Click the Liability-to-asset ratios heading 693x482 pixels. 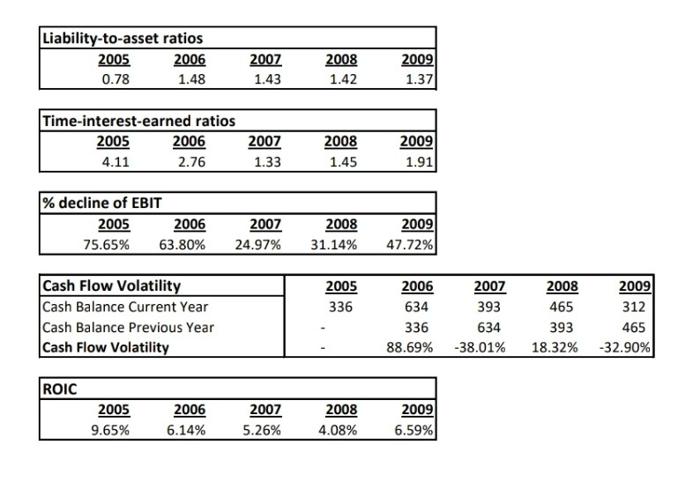point(123,39)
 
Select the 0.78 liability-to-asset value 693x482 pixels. point(115,79)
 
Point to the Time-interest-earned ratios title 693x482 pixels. point(138,121)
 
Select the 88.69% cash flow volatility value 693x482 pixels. point(411,347)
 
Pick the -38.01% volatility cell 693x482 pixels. point(482,347)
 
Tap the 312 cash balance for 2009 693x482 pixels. point(636,307)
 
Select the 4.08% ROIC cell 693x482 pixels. point(339,430)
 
